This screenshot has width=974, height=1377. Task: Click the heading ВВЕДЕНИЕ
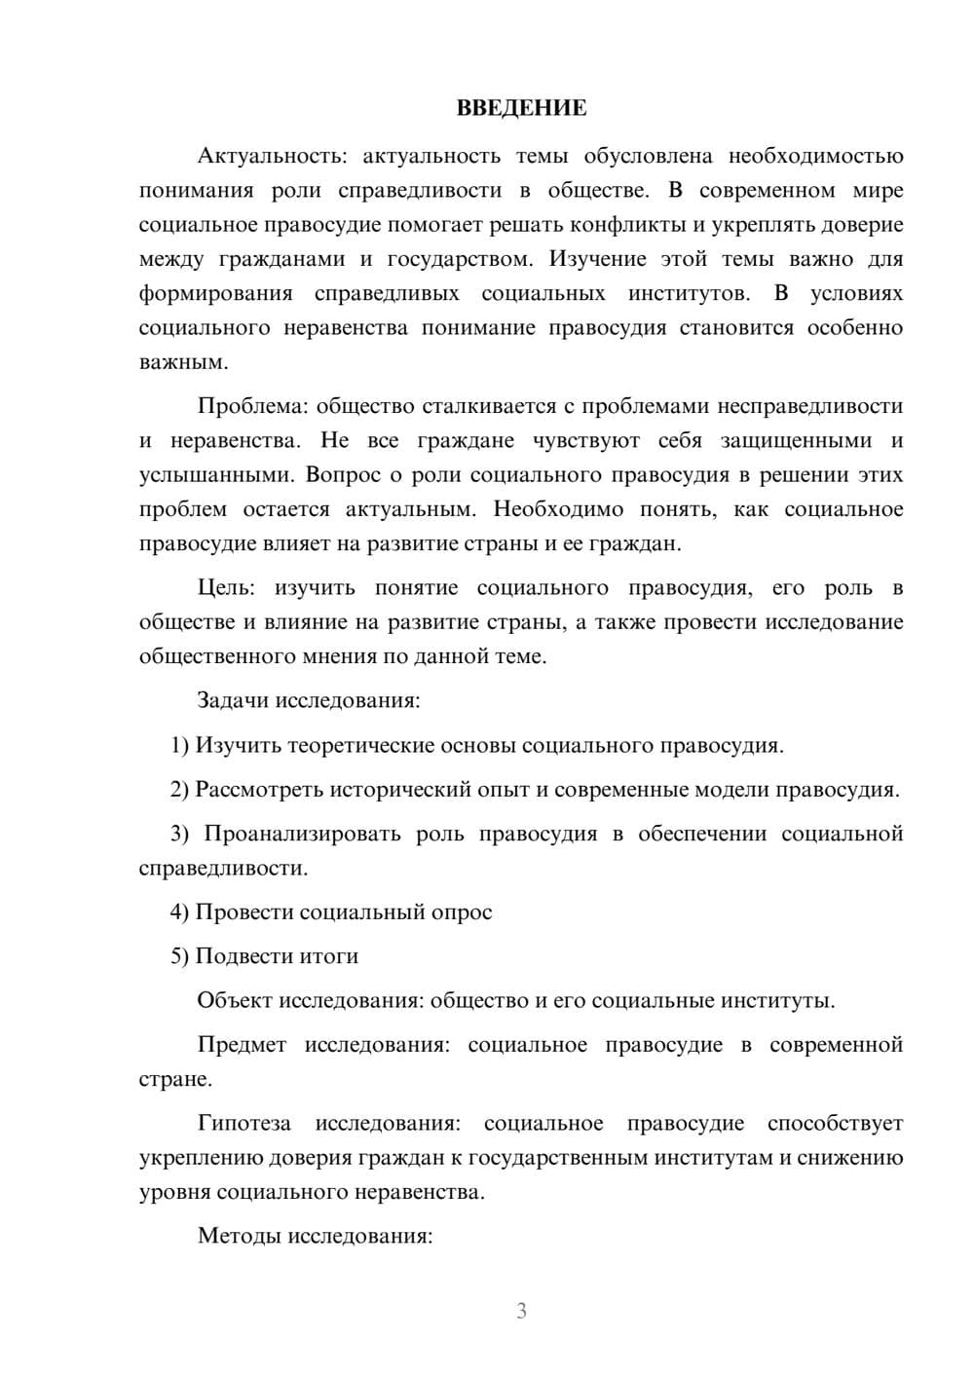tap(521, 108)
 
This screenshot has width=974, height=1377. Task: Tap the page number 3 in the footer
tap(521, 1311)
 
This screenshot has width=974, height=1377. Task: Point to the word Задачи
tap(234, 701)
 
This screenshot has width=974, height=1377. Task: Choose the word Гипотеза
tap(243, 1124)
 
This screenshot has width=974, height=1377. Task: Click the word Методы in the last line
tap(238, 1237)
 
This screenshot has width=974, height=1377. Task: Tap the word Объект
tap(235, 1001)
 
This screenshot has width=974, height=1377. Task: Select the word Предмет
tap(242, 1045)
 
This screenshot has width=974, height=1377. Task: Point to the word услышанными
tap(216, 475)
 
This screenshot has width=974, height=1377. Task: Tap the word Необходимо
tap(558, 509)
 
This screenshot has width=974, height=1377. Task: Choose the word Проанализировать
tap(302, 834)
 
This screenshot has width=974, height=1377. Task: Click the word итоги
tap(332, 956)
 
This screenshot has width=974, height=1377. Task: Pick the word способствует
tap(835, 1124)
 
